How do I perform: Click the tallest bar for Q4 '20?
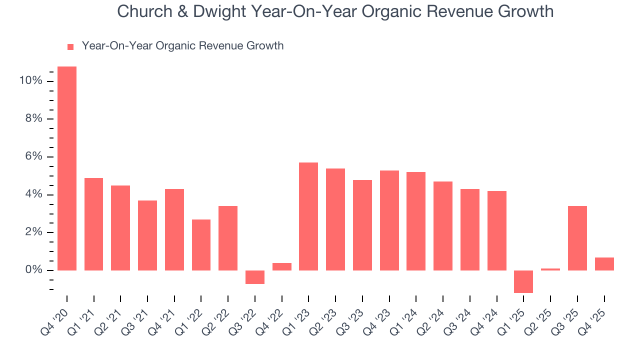(x=67, y=168)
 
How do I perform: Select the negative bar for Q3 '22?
(x=255, y=277)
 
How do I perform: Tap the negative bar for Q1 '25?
(x=523, y=281)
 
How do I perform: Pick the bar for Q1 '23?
(x=308, y=216)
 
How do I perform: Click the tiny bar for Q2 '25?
(x=550, y=269)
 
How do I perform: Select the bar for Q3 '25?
(x=577, y=238)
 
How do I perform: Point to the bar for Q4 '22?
(x=282, y=266)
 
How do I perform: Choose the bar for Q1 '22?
(x=201, y=245)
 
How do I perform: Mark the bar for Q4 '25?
(x=604, y=264)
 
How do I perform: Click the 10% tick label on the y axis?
(x=30, y=81)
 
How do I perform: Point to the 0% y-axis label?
(x=33, y=270)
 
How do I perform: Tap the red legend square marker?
(x=70, y=47)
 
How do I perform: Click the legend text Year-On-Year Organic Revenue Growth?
(x=182, y=46)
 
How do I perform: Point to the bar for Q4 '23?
(x=389, y=220)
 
